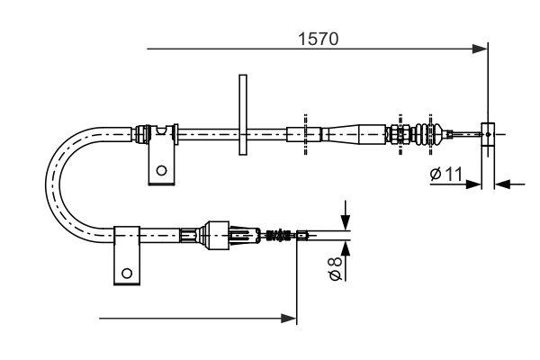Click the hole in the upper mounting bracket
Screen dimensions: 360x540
click(161, 168)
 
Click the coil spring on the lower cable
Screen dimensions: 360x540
click(279, 237)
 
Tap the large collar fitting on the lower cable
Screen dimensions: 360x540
click(219, 236)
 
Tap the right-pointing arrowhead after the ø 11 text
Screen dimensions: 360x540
click(476, 184)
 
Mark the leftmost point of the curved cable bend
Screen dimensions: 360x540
click(51, 184)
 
